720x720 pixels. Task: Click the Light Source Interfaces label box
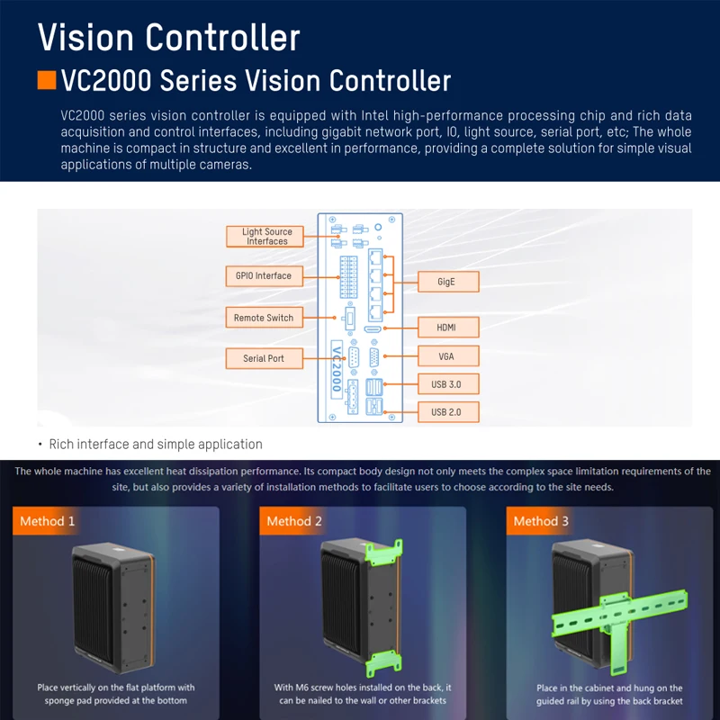point(265,237)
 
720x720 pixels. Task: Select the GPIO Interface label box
point(264,276)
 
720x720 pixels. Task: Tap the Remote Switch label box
point(264,318)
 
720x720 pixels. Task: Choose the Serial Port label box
point(264,358)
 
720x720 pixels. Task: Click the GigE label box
point(448,282)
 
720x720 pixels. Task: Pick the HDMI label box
point(448,328)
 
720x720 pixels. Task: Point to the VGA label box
point(448,355)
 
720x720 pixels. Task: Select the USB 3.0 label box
point(448,384)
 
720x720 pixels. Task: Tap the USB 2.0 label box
point(448,412)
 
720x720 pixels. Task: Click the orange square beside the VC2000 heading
point(47,80)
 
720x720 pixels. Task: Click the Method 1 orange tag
point(47,521)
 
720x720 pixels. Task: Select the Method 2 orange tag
point(293,521)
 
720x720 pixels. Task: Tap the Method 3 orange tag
point(540,521)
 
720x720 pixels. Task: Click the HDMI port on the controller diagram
point(373,329)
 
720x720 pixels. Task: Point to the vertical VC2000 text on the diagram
point(337,369)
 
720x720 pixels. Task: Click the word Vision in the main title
point(85,37)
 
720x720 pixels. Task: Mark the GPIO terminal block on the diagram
point(348,277)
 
